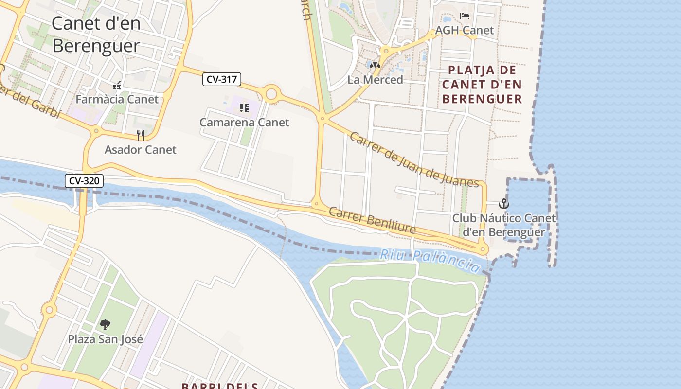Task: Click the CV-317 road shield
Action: tap(222, 79)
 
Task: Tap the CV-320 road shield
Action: tap(84, 181)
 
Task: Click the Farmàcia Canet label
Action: tap(117, 99)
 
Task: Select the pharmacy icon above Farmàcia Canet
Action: tap(117, 86)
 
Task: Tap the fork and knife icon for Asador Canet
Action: tap(141, 135)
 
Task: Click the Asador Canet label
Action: tap(141, 150)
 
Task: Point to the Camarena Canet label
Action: tap(244, 122)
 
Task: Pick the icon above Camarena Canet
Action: tap(244, 107)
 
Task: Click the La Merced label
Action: tap(375, 80)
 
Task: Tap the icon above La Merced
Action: tap(375, 65)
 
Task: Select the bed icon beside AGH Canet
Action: tap(465, 16)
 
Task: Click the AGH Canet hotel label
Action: tap(464, 30)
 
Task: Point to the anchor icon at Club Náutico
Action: tap(504, 204)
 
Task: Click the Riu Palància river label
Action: tap(430, 260)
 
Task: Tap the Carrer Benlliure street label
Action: tap(372, 220)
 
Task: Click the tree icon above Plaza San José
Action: tap(105, 324)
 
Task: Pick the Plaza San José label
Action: tap(106, 339)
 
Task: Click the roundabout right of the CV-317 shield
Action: tap(271, 93)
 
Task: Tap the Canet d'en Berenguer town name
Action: tap(96, 34)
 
